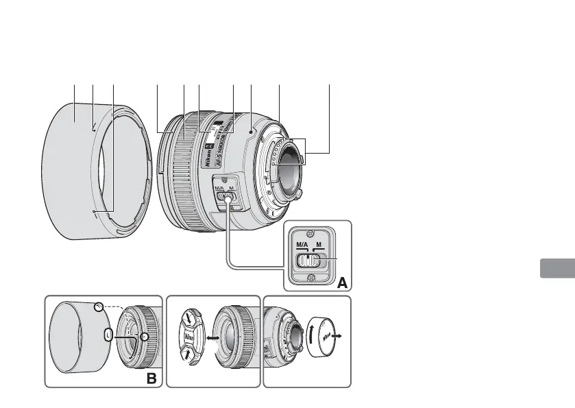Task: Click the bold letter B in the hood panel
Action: pos(151,377)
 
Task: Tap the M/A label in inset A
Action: pos(303,244)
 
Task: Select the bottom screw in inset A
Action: pos(310,278)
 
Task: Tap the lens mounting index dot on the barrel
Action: pos(253,128)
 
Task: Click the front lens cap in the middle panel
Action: pos(190,339)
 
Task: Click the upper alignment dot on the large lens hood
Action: pos(93,125)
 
